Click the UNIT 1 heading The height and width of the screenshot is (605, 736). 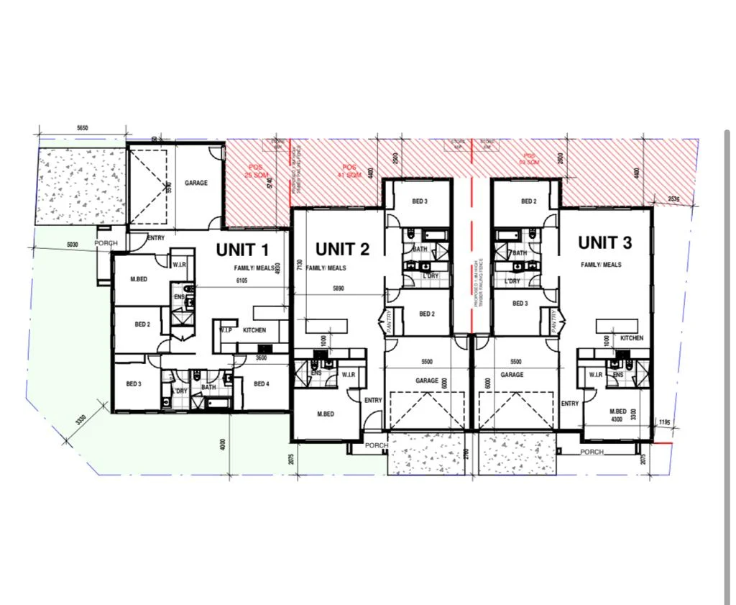point(242,250)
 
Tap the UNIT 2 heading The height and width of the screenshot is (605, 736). point(342,250)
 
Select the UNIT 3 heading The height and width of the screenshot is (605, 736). point(604,243)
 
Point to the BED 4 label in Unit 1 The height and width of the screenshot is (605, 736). point(261,384)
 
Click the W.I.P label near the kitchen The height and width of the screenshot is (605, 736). point(226,330)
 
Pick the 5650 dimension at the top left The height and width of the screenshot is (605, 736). point(82,127)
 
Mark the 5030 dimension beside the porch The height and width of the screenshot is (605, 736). point(73,245)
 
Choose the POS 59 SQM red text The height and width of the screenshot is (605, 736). point(530,159)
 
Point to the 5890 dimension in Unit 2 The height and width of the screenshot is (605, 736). point(338,288)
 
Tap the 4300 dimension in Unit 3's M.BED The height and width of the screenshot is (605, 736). point(616,419)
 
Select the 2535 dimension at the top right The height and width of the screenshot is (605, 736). point(673,199)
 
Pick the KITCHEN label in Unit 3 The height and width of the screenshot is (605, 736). point(631,338)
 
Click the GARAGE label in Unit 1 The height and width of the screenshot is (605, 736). point(196,183)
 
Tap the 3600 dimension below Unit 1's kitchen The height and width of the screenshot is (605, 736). point(261,358)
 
